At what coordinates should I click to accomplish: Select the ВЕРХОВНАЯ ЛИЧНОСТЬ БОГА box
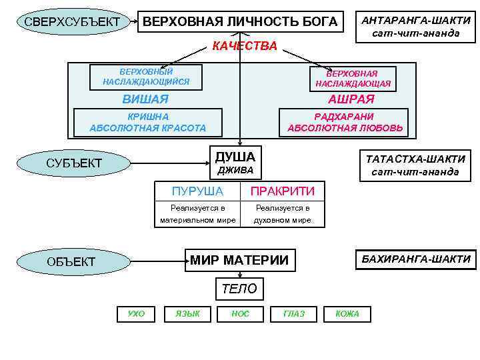click(241, 22)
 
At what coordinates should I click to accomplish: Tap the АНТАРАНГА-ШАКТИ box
click(415, 27)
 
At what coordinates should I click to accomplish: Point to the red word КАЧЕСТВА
click(244, 46)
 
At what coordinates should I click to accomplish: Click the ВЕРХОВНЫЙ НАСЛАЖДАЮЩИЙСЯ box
click(146, 77)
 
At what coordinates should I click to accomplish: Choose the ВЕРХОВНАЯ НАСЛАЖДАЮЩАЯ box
click(353, 79)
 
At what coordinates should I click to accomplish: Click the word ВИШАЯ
click(145, 99)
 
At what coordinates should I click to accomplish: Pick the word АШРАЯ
click(351, 99)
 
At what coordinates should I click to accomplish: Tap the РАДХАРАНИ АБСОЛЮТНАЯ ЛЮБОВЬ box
click(350, 123)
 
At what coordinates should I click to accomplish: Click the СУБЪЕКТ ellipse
click(74, 163)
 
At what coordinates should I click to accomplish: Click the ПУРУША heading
click(197, 191)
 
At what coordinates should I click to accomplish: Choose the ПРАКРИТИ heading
click(282, 191)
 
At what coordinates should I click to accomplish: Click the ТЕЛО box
click(238, 289)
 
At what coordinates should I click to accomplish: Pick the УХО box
click(135, 313)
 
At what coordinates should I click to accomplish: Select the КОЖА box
click(347, 313)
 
